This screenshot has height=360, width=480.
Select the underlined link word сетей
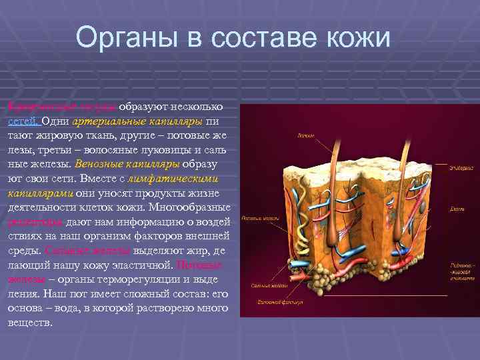(x=23, y=122)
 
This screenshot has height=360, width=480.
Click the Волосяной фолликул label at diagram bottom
(x=281, y=302)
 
